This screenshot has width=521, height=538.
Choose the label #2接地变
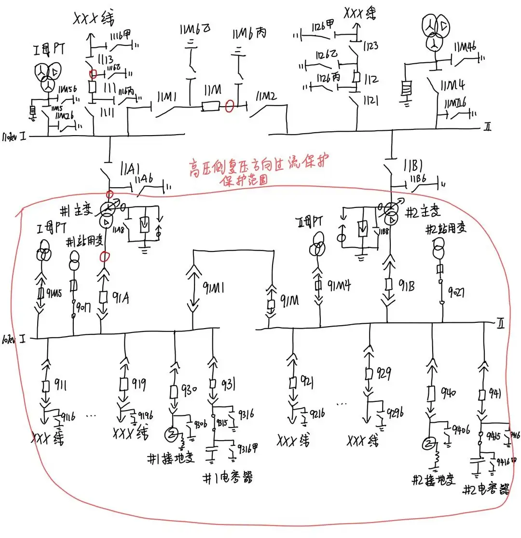click(x=433, y=480)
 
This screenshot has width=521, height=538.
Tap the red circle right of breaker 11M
click(x=231, y=106)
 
